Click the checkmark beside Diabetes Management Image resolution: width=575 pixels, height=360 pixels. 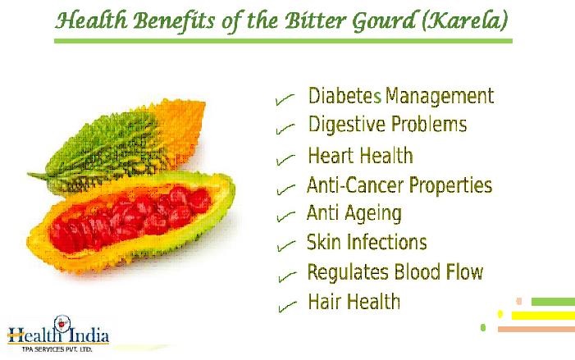(285, 99)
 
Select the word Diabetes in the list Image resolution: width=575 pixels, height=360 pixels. (345, 96)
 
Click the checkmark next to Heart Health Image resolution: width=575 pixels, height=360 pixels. (285, 159)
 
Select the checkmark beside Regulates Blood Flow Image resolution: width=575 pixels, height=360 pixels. (287, 277)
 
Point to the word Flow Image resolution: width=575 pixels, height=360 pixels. (464, 272)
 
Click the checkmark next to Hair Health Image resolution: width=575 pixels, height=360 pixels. (287, 307)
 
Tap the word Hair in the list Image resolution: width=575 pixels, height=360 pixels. (322, 301)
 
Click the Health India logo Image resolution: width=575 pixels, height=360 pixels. (59, 334)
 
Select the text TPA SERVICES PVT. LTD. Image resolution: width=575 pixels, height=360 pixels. (57, 349)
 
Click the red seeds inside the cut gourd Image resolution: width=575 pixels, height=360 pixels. (130, 218)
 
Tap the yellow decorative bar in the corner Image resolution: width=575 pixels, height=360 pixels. (543, 316)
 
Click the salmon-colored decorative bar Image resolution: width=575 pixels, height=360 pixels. (536, 329)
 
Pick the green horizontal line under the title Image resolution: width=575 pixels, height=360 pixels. (283, 41)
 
